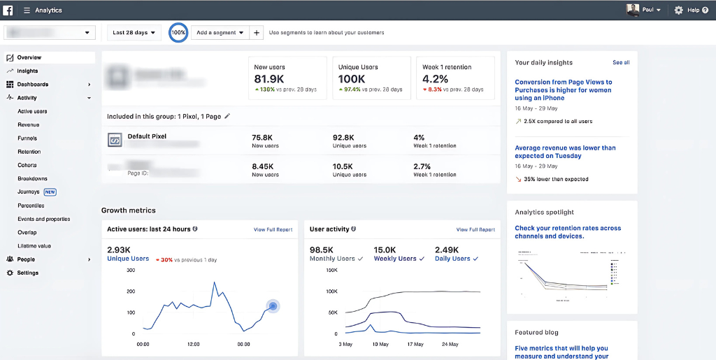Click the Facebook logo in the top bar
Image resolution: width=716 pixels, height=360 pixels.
8,10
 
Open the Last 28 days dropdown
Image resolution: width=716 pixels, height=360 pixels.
134,33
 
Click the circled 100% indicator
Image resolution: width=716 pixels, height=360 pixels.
178,33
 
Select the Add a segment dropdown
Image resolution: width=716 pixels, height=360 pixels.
220,33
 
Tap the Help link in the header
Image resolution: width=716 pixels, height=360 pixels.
693,10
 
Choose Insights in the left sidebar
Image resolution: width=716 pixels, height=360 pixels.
27,71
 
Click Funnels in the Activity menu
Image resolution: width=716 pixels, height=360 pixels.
27,138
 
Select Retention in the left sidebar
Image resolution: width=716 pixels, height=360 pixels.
29,152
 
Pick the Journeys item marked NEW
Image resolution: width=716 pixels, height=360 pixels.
29,192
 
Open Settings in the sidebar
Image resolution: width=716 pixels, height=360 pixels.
28,273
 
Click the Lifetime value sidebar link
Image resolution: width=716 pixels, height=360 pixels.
34,246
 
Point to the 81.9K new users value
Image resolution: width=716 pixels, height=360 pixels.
269,79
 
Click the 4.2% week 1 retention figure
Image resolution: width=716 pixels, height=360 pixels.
435,79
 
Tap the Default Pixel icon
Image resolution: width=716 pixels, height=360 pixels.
115,141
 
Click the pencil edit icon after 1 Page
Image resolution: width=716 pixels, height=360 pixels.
227,116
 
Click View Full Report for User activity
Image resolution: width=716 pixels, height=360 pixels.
475,229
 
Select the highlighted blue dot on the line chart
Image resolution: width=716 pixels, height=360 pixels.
273,306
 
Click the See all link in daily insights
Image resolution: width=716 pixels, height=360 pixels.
621,63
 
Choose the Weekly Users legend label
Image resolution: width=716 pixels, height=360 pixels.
395,259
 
